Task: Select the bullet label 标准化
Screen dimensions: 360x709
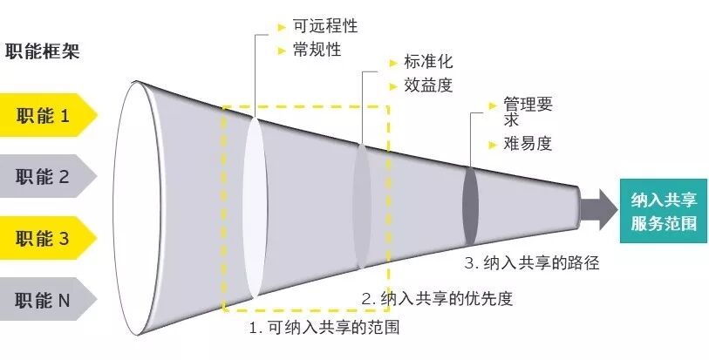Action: pos(428,63)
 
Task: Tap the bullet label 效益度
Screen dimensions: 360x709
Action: pos(428,85)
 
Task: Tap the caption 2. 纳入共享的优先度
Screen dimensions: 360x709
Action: pos(437,298)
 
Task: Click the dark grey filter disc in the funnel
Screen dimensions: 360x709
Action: pos(470,207)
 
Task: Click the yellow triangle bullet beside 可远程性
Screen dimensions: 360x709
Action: pos(281,28)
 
